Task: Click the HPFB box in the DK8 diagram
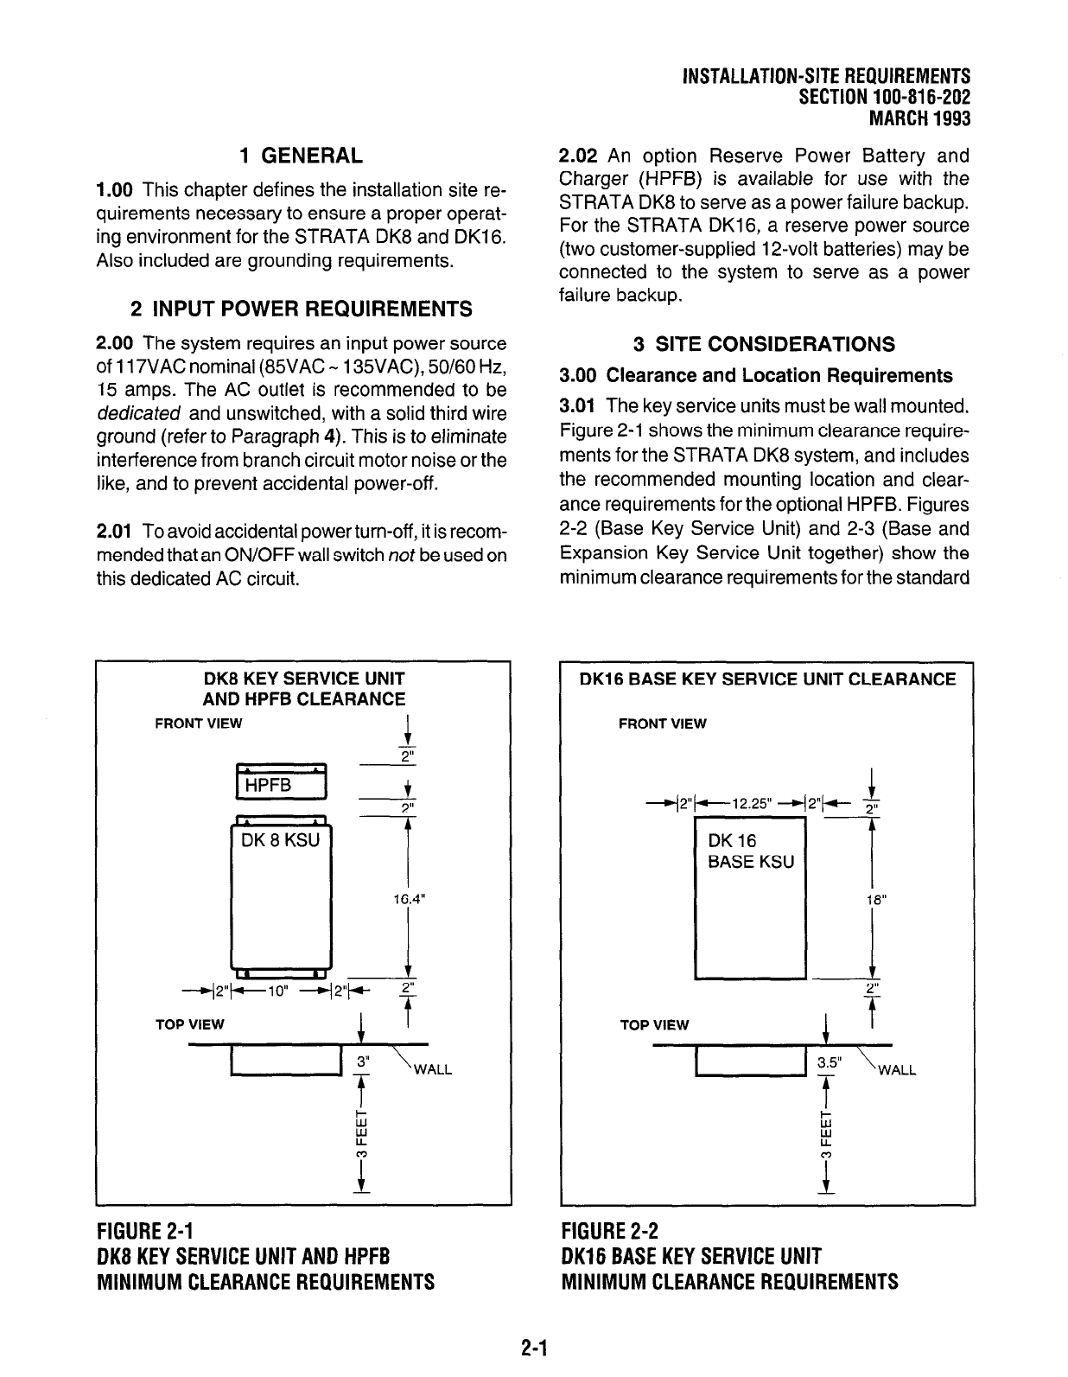[x=280, y=784]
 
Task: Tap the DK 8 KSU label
[x=281, y=839]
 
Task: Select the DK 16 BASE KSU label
[x=750, y=851]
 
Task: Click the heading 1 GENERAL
[x=301, y=156]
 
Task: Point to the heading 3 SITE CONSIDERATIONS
[x=764, y=344]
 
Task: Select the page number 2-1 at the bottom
[x=535, y=1348]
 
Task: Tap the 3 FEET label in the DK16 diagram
[x=827, y=1134]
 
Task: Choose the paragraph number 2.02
[x=579, y=156]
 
